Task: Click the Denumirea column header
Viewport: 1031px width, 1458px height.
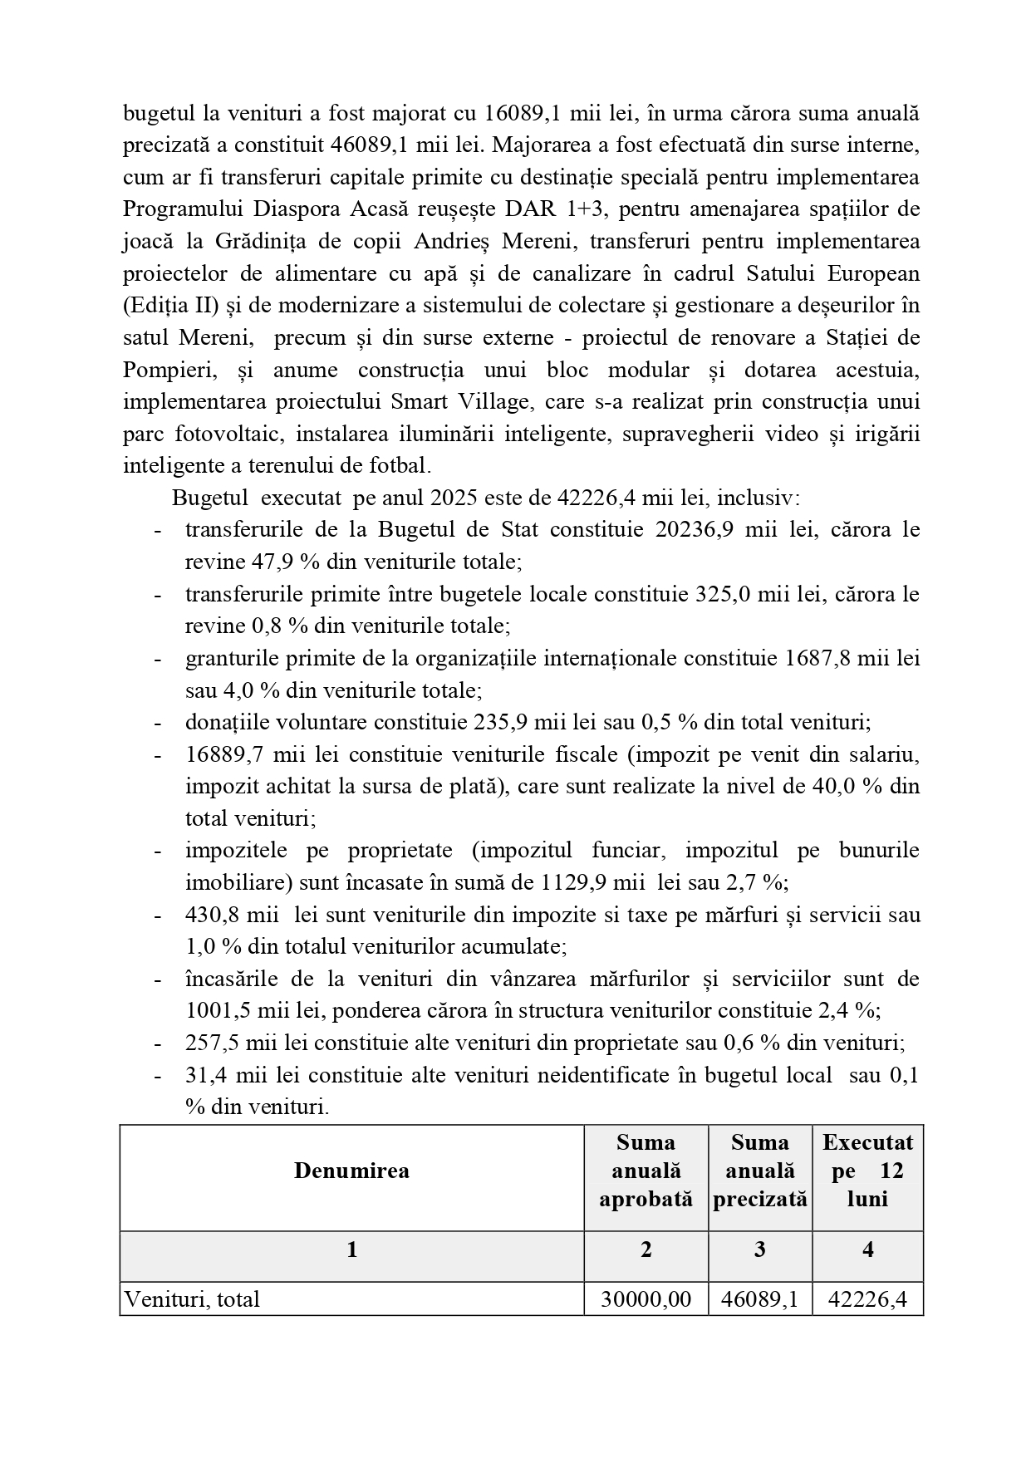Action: click(351, 1171)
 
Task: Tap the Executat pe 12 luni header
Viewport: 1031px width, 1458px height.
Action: click(867, 1171)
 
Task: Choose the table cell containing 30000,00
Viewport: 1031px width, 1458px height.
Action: click(646, 1299)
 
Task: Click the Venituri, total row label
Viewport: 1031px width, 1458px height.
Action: click(192, 1299)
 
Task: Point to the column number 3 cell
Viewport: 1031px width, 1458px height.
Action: click(759, 1249)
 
